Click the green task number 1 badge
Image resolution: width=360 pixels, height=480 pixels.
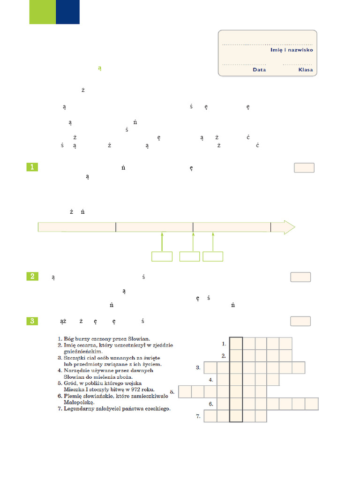[32, 167]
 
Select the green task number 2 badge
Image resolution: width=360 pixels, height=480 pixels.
[32, 277]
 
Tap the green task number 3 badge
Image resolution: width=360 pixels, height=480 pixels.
[32, 321]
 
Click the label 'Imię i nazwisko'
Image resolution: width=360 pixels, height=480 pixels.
[292, 50]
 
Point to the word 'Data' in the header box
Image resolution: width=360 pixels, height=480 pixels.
[259, 70]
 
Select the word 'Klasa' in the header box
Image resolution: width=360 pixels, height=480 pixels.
[305, 70]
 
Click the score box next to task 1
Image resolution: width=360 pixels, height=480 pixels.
[304, 168]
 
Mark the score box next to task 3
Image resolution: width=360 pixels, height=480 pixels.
[300, 321]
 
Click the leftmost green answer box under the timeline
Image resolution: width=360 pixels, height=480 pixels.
[162, 256]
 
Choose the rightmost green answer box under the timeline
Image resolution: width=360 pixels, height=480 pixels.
[213, 256]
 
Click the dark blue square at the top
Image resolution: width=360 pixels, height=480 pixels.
[67, 12]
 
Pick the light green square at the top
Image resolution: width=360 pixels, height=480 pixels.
[42, 12]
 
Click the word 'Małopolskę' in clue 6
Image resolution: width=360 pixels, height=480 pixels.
[79, 402]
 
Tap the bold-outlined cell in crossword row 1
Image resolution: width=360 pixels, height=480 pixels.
[236, 344]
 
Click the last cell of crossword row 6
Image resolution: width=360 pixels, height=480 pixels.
[312, 404]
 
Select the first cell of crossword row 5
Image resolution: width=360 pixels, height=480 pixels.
[185, 391]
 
